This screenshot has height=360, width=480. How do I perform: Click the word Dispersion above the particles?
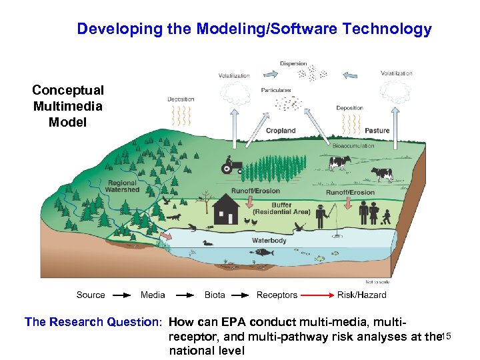[293, 64]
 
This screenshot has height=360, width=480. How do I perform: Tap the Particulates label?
[276, 90]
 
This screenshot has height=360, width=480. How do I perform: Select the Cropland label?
[281, 131]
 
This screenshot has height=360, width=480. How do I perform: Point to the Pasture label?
[377, 131]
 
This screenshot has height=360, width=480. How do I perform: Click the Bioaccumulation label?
[354, 145]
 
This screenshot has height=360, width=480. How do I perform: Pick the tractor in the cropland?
[233, 165]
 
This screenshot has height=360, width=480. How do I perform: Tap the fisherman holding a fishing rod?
[323, 215]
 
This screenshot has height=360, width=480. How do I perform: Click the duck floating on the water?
[208, 243]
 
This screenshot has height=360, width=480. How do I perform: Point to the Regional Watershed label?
[122, 186]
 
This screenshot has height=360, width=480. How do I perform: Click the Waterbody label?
[269, 240]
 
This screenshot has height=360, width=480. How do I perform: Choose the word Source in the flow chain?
[91, 295]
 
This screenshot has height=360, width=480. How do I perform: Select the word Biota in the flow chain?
[215, 295]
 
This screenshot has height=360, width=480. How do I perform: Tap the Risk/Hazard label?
[362, 295]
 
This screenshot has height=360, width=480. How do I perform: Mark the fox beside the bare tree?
[175, 217]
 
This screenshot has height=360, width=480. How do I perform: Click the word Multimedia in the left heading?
[68, 106]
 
